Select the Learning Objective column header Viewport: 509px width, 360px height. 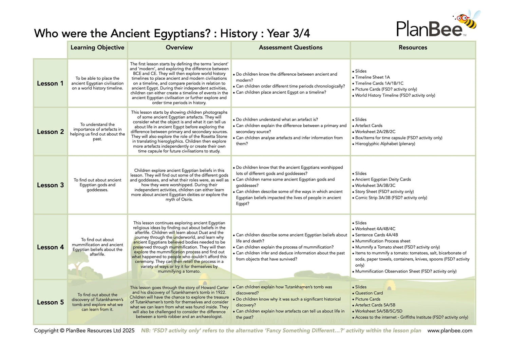(97, 48)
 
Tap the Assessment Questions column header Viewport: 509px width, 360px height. (290, 48)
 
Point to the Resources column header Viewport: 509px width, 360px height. (413, 48)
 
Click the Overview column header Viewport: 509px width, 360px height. (179, 48)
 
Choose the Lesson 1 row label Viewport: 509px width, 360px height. (50, 83)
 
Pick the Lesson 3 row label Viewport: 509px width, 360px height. (50, 185)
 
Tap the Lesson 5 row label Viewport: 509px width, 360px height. (50, 302)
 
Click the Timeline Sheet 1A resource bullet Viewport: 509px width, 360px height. (372, 77)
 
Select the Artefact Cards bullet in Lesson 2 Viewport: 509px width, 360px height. (369, 126)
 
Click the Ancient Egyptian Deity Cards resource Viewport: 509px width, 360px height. (383, 179)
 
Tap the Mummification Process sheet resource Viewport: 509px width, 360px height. (382, 241)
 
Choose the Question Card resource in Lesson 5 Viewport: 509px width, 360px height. (369, 293)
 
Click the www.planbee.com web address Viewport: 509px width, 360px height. (450, 330)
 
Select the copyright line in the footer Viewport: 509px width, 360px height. (84, 330)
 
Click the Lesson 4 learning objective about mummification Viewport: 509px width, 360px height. (97, 247)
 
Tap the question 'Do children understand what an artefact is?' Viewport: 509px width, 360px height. (277, 120)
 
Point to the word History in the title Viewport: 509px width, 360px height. (239, 34)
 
